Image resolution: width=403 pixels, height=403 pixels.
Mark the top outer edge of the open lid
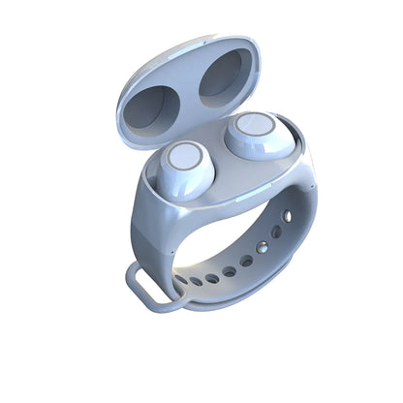click(194, 42)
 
